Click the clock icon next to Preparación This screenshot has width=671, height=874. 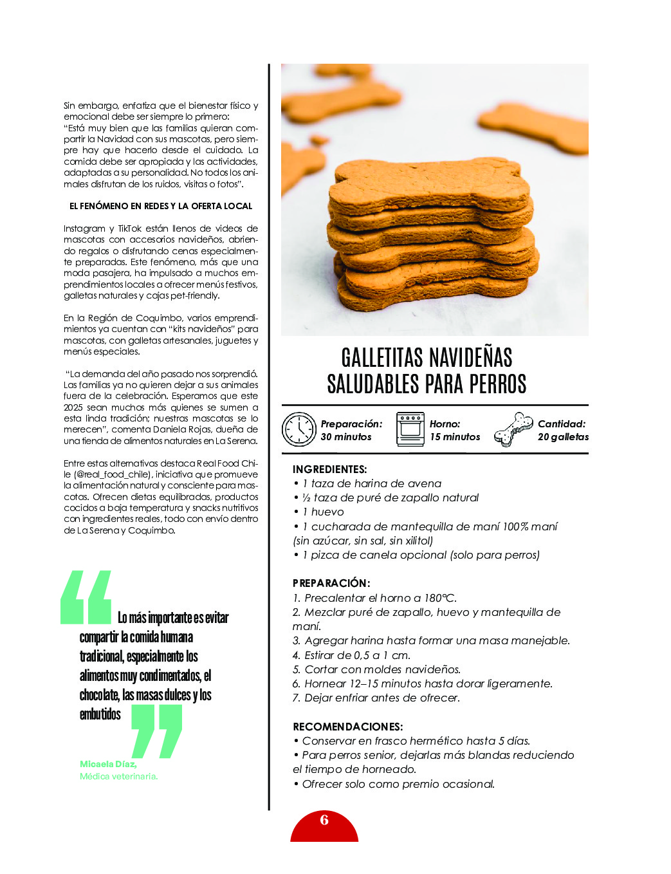tap(299, 429)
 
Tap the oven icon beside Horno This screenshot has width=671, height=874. tap(410, 429)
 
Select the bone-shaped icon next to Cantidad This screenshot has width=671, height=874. tap(513, 429)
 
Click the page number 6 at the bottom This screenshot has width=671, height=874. tap(324, 820)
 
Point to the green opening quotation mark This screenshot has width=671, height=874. tap(86, 597)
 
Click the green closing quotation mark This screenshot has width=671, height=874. tap(156, 731)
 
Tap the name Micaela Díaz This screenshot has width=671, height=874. tap(108, 764)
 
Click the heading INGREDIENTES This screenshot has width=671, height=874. tap(329, 469)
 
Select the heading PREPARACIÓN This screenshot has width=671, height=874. tap(331, 583)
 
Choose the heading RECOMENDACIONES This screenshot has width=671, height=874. tap(347, 727)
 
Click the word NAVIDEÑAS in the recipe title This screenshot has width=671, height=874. tap(470, 358)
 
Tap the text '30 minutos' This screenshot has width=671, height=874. tap(346, 437)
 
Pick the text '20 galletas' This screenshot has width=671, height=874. tap(563, 437)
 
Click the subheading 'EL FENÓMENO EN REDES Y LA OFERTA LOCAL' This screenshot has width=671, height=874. tap(161, 206)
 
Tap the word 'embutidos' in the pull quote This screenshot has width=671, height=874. tap(100, 714)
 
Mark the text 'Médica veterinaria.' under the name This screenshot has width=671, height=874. tap(118, 776)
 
